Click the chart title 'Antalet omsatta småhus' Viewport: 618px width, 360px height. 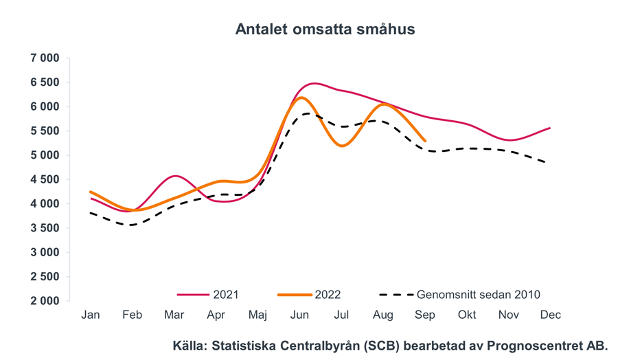pos(325,30)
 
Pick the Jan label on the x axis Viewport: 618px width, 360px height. pos(90,315)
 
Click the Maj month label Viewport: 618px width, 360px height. pos(257,315)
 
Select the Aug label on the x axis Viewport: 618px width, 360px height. pos(383,315)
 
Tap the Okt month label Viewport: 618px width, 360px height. pos(467,315)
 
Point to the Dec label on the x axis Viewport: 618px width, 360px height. pos(551,315)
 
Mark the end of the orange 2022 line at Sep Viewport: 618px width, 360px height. pos(425,141)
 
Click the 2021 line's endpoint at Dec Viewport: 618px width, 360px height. pos(550,128)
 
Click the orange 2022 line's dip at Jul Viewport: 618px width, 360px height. pos(341,145)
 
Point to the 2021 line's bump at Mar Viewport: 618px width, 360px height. pos(175,176)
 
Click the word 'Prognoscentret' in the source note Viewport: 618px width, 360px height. pos(531,346)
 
